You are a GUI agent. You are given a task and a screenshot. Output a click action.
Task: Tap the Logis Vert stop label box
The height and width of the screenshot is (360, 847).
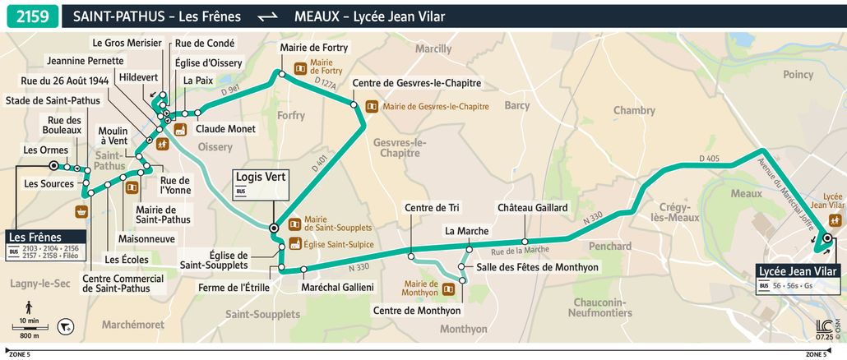coord(260,182)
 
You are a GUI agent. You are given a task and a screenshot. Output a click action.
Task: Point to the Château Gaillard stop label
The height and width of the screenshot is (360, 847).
coord(532,209)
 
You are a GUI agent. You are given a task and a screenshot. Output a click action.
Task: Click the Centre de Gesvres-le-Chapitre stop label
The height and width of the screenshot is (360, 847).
coord(416,83)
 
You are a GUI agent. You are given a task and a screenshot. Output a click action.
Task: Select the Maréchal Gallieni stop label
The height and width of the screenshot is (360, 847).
coord(337,287)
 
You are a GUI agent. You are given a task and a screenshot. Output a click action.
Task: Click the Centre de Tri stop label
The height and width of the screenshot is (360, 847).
coord(431,208)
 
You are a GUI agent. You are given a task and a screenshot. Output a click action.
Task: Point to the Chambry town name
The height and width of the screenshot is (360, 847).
coord(634,110)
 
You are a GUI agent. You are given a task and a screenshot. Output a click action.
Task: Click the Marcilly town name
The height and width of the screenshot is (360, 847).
coord(433,49)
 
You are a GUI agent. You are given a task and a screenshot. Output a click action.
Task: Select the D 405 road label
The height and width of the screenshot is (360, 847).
coord(710,158)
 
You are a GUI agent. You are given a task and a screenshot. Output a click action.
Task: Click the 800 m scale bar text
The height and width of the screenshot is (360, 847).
coord(29,335)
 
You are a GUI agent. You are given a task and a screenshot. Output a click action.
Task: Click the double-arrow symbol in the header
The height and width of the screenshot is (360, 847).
coord(267,16)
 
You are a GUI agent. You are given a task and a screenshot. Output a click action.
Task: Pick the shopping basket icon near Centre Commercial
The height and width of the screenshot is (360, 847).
coord(81,212)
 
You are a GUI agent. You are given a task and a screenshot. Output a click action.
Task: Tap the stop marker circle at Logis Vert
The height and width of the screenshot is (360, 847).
coord(274,228)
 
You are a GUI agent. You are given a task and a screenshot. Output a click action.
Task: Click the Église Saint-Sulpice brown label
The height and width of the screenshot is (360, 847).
coord(338,244)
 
